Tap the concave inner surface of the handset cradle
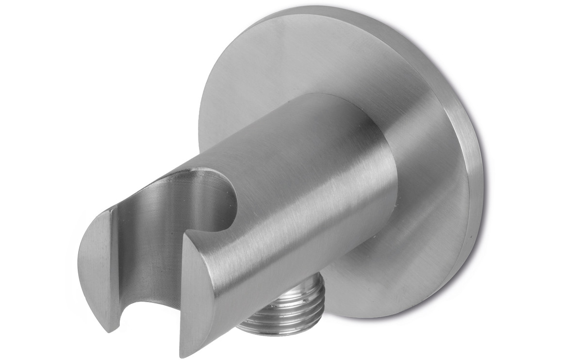pyautogui.click(x=146, y=243)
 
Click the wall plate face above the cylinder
pyautogui.click(x=291, y=53)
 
